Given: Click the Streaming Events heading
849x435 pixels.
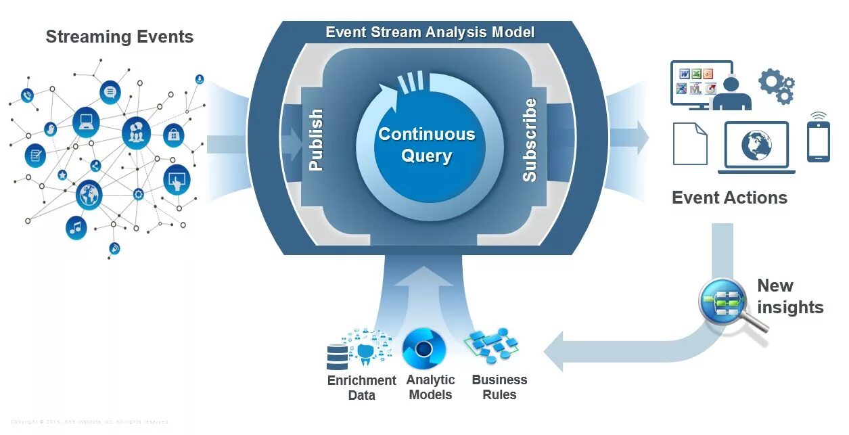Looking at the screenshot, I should tap(119, 37).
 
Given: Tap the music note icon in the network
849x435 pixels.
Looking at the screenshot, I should tap(76, 227).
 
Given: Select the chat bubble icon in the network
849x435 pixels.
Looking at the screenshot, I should tap(110, 91).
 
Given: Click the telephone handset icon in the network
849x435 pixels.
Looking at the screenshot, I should tap(27, 95).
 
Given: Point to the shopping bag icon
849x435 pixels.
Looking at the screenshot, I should tap(174, 135).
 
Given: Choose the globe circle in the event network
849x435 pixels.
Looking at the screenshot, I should tap(89, 195).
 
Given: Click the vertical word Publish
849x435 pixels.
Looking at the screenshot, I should tap(315, 140).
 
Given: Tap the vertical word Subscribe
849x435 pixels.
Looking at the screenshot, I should tap(529, 140).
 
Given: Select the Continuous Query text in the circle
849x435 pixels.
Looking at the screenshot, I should tap(426, 145).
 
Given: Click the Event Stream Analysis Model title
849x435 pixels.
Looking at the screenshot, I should tap(430, 32).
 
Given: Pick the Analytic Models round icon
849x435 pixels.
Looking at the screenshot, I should tap(423, 348).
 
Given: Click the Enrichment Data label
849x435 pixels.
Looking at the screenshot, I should tap(361, 388).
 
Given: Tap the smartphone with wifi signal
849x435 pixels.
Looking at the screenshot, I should tap(818, 139).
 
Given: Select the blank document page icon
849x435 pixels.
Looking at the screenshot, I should tap(689, 143).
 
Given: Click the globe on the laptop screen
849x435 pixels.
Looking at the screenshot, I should tap(756, 145).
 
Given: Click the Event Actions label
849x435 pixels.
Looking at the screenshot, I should tap(729, 198).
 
